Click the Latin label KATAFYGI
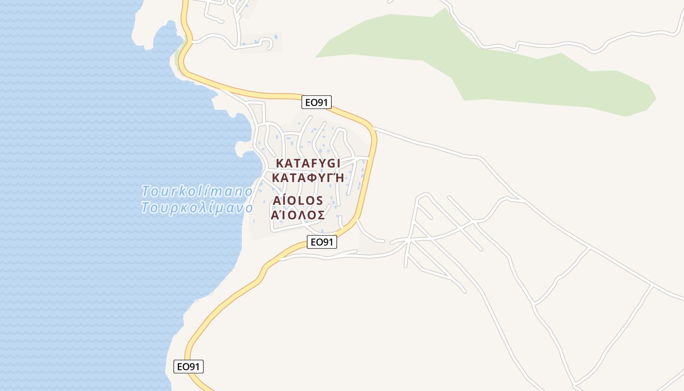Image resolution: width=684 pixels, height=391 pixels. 308,163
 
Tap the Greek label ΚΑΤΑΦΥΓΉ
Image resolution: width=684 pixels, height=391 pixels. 308,177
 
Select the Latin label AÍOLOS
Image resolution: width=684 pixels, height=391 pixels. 298,201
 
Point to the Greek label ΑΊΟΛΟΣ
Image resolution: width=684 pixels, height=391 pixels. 298,215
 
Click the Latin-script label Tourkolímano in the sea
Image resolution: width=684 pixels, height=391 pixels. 197,191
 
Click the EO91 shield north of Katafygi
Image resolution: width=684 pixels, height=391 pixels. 317,102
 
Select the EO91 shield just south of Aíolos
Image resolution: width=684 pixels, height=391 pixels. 322,241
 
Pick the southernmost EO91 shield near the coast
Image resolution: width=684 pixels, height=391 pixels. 189,367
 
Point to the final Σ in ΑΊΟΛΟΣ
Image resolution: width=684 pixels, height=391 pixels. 321,215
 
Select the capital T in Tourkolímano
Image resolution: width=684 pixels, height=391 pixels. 146,191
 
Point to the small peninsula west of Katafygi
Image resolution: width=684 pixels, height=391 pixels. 243,148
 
